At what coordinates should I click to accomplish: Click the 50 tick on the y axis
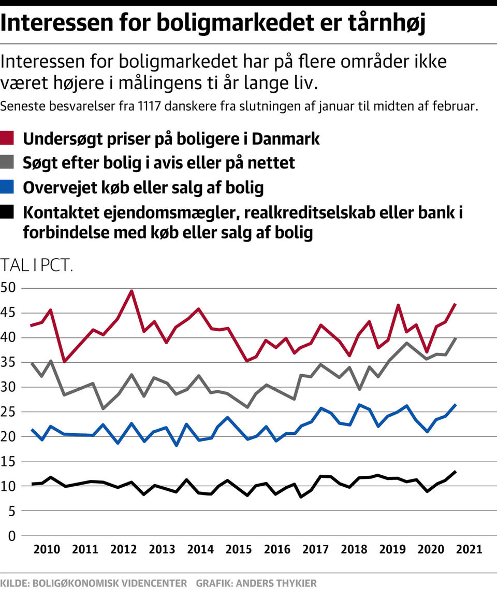[10, 288]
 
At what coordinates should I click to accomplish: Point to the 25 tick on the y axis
[10, 412]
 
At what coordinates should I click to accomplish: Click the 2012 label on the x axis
[121, 549]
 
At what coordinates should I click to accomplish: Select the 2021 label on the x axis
[467, 549]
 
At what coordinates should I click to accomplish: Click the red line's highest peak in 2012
[131, 291]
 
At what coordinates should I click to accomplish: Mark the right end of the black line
[455, 472]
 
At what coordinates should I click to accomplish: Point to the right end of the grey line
[455, 338]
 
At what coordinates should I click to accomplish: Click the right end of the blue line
[455, 405]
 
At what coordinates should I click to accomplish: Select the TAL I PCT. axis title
[37, 266]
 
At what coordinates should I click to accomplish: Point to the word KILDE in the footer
[14, 583]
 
